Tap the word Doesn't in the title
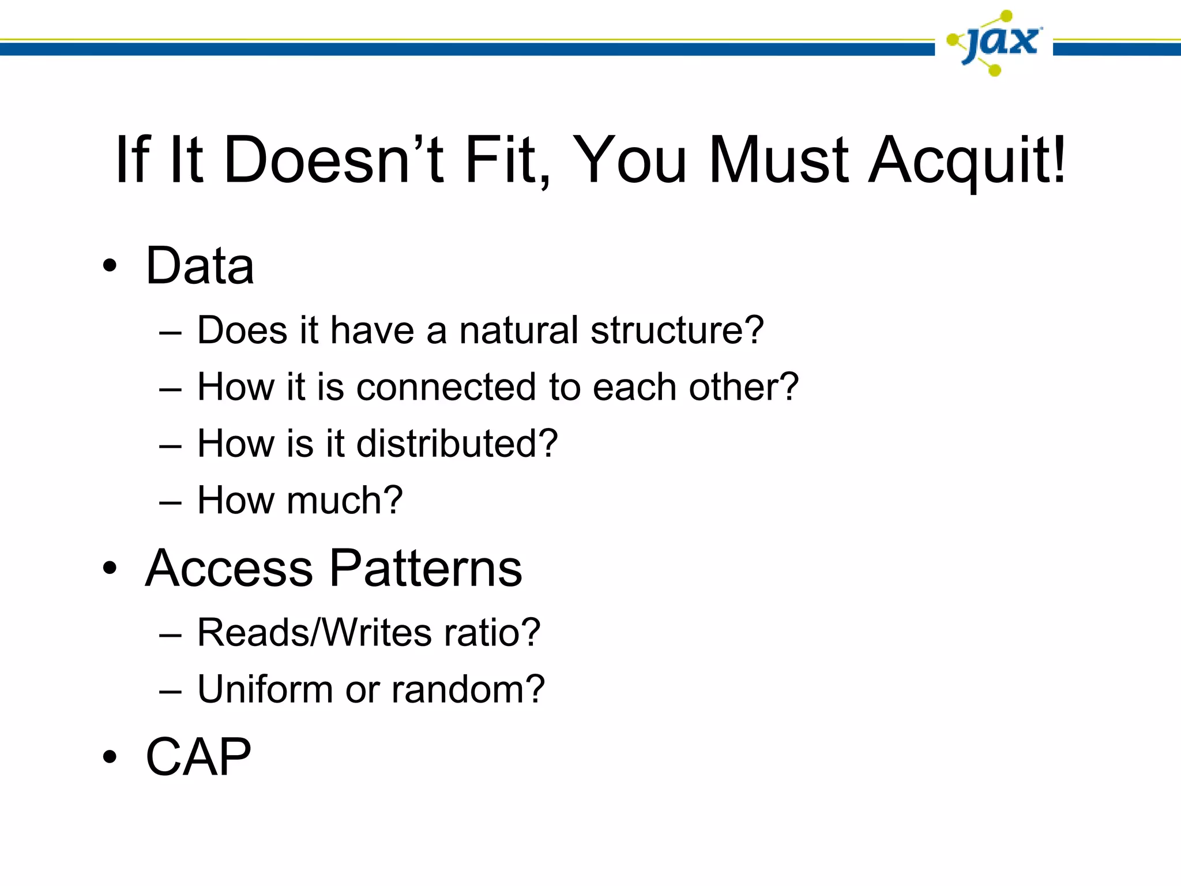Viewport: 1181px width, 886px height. tap(334, 160)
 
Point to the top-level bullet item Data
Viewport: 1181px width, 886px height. tap(200, 266)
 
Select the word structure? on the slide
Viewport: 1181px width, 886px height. tap(677, 331)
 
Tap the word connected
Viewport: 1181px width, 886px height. tap(446, 386)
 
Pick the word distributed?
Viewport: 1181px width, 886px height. tap(457, 443)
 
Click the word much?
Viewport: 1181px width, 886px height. tap(344, 500)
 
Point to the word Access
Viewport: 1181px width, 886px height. tap(228, 568)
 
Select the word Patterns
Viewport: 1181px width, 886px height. tap(426, 568)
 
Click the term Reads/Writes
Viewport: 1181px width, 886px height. tap(314, 632)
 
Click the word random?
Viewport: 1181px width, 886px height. tap(468, 689)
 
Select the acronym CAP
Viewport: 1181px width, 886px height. tap(198, 757)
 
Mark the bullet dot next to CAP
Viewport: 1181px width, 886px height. tap(110, 757)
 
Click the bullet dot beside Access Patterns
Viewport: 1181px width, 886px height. tap(110, 569)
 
